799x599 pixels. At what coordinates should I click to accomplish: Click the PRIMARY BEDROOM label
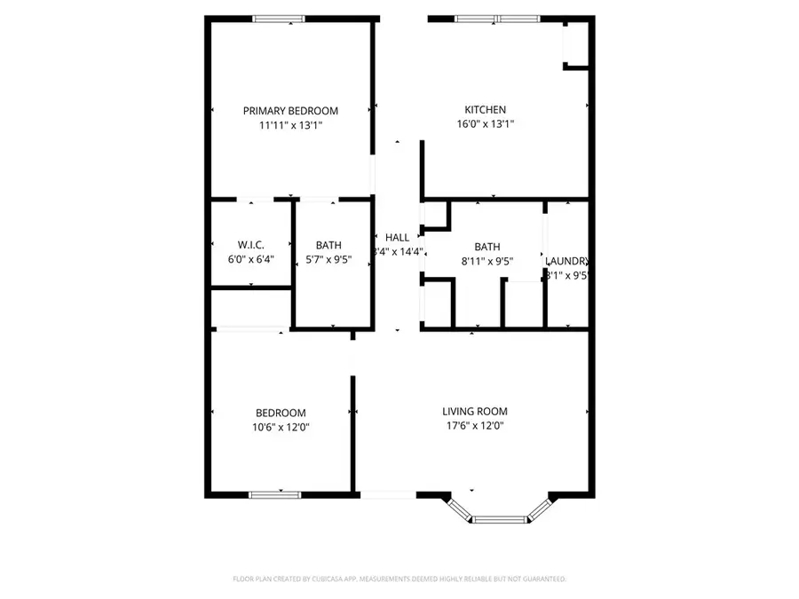tap(290, 111)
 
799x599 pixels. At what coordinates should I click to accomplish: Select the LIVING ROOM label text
tap(475, 412)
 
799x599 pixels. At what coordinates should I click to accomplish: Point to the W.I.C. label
tap(251, 245)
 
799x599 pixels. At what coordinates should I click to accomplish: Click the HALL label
tap(397, 238)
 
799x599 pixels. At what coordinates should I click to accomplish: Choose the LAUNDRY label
tap(567, 261)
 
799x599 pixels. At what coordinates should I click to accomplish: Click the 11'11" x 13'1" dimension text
tap(290, 126)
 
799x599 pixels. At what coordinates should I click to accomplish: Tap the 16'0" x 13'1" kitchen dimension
tap(485, 125)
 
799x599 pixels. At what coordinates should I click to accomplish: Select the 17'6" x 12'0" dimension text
tap(475, 426)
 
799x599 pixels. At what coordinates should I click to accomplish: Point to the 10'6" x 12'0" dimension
tap(281, 428)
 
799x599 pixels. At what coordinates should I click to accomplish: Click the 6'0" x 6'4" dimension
tap(251, 260)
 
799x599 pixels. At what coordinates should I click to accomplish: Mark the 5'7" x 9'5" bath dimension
tap(328, 260)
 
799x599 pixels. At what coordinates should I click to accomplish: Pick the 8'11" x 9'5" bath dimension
tap(487, 262)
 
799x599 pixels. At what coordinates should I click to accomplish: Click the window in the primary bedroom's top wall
tap(279, 19)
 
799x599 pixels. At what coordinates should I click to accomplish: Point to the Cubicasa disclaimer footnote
tap(399, 579)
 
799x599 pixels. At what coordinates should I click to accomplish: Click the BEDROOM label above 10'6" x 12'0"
tap(281, 414)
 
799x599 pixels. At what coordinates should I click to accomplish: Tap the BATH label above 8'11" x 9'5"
tap(487, 248)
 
